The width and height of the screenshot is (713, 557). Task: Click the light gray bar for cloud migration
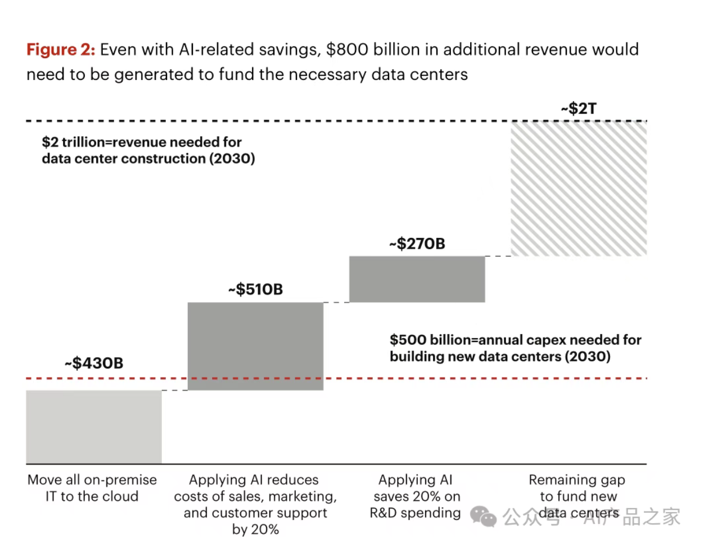(x=94, y=426)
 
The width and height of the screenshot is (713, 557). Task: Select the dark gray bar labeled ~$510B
(x=255, y=345)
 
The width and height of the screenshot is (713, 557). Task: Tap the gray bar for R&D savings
(x=417, y=279)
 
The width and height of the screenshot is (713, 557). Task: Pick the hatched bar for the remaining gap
(x=579, y=188)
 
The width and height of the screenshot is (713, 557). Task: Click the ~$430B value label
(x=94, y=363)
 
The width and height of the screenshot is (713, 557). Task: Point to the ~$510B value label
(x=255, y=289)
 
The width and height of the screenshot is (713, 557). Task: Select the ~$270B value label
(x=417, y=244)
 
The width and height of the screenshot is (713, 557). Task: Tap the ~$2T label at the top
(x=579, y=108)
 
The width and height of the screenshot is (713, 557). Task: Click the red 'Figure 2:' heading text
(x=61, y=50)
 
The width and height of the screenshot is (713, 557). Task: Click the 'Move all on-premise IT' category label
(x=92, y=488)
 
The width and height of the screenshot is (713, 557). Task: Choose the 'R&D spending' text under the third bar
(x=415, y=513)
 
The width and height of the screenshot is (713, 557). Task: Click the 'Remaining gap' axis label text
(x=577, y=480)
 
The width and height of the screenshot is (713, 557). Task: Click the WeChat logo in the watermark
(x=483, y=516)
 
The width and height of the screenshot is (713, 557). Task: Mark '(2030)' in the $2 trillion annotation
(x=232, y=159)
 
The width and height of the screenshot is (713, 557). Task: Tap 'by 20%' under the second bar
(x=255, y=529)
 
